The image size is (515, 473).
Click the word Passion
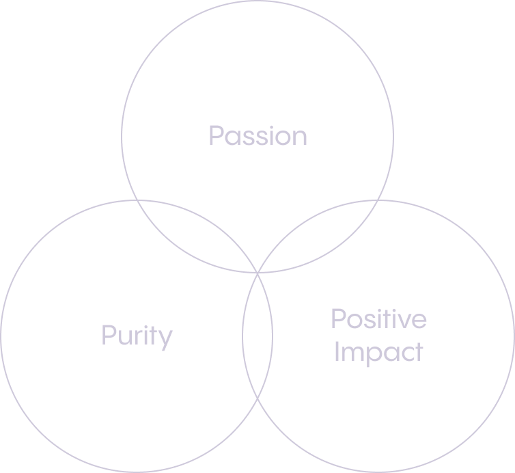pos(257,135)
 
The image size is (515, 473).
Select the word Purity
pos(137,336)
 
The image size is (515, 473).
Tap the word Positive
pos(378,319)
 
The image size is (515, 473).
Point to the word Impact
pos(378,352)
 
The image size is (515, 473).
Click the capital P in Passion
pos(216,135)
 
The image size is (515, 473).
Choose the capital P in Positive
pos(338,319)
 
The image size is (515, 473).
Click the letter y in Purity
pos(166,339)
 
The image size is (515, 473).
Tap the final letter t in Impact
pos(418,351)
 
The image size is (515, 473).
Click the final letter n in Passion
pos(300,137)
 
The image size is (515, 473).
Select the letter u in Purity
pos(124,337)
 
